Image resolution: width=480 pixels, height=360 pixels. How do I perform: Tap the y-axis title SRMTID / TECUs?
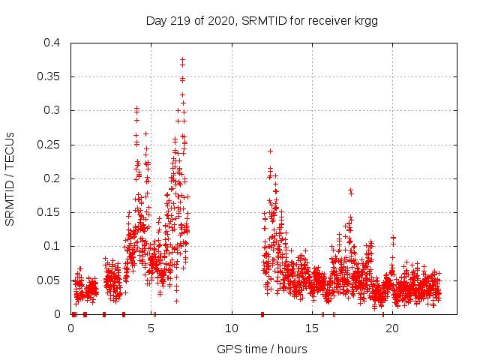pos(10,178)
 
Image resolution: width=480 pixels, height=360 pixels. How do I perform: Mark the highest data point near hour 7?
pos(182,59)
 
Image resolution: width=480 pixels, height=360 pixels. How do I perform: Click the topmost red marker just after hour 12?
pos(270,151)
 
